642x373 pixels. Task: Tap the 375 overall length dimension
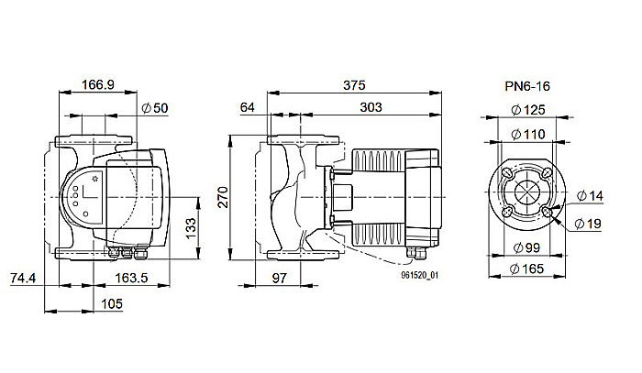354,84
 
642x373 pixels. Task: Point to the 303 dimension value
371,108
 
